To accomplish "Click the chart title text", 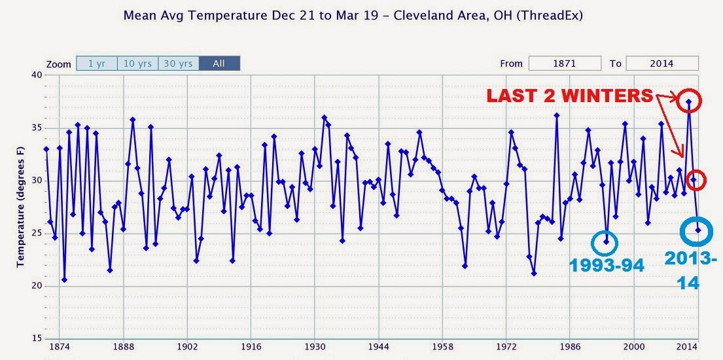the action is [x=353, y=15].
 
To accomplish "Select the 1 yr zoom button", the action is [x=97, y=63].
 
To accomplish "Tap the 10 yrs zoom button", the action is [x=138, y=63].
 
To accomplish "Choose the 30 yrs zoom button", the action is [x=179, y=63].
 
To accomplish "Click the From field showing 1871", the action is [x=565, y=63].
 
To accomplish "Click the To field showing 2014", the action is [x=662, y=63].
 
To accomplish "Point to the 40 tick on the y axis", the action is [x=37, y=75].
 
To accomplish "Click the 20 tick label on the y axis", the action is [x=37, y=285].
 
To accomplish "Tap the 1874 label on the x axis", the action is [x=60, y=347].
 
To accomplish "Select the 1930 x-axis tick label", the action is [x=315, y=347].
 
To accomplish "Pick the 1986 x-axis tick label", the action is [x=570, y=347].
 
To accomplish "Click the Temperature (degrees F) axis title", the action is [x=20, y=207].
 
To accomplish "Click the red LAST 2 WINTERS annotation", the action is [x=570, y=96].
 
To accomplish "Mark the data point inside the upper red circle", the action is [x=688, y=101].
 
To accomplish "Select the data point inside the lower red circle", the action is [x=693, y=179].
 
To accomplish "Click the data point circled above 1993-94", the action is [x=607, y=242].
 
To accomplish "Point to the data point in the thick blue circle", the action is [x=698, y=230].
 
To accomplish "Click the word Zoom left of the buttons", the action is [x=58, y=64].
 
